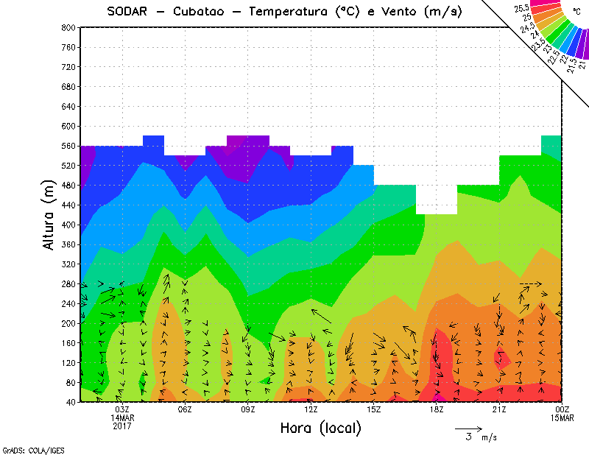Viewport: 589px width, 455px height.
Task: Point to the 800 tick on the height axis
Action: coord(68,27)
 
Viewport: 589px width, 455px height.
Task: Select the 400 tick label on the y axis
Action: coord(68,225)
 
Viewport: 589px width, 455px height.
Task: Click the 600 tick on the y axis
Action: coord(68,126)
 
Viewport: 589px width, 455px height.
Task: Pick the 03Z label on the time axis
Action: coord(122,410)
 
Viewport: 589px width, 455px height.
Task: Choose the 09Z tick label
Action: coord(248,410)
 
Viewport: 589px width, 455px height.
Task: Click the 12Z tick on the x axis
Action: coord(311,410)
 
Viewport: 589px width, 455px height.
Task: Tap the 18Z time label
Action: coord(437,410)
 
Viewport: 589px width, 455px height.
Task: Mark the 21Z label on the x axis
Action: coord(499,410)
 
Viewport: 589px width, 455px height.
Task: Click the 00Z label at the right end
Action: coord(562,410)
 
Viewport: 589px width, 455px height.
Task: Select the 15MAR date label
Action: coord(562,418)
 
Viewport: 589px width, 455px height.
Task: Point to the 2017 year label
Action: coord(122,426)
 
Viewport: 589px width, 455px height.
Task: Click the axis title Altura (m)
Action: coord(49,214)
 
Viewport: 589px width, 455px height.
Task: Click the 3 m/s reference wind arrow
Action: coord(468,428)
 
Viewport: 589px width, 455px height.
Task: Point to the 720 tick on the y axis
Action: coord(68,67)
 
